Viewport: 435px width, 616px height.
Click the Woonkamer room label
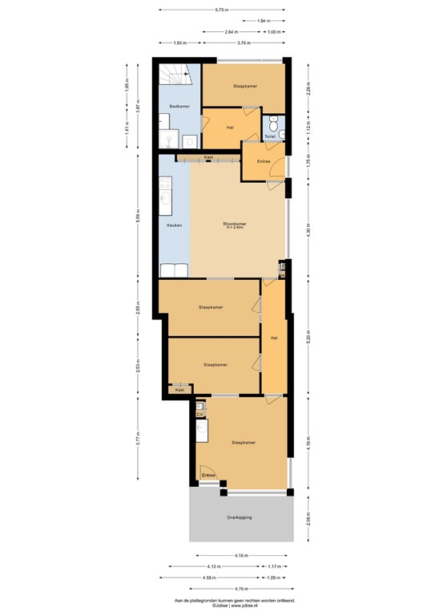point(234,224)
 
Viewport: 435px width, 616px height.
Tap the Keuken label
point(174,225)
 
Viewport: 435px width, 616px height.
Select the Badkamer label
point(179,107)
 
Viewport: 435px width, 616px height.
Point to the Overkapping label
point(239,517)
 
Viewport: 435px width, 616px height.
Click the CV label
point(199,415)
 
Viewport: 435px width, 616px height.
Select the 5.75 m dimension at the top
point(221,10)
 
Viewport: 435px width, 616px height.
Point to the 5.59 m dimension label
point(138,216)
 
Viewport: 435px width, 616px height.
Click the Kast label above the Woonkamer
point(208,157)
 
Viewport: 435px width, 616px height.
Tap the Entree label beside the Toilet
point(264,162)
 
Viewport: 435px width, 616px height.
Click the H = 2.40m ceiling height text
point(234,229)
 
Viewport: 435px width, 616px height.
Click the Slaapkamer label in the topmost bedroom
point(244,85)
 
